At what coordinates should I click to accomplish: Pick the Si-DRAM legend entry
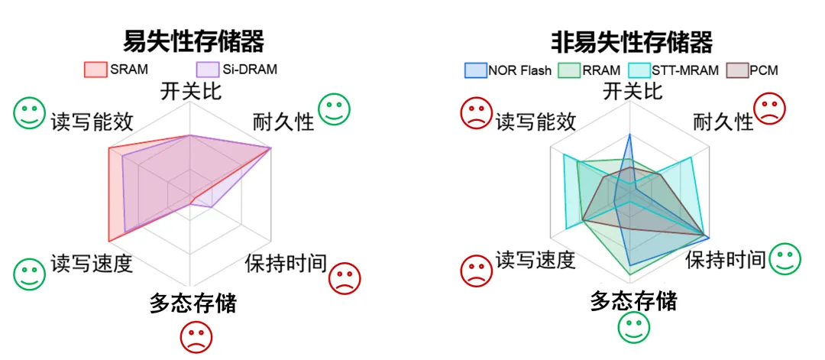tap(237, 70)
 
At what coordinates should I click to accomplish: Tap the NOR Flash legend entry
tap(509, 71)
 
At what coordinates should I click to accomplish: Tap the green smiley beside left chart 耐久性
tap(334, 109)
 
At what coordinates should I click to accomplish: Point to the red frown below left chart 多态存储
tap(196, 336)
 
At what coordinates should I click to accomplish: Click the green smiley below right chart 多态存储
tap(633, 327)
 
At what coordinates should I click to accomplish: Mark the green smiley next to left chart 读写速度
tap(29, 273)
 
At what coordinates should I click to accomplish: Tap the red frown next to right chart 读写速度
tap(476, 270)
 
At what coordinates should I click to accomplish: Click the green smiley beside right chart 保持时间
tap(785, 258)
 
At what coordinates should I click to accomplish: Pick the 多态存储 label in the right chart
tap(633, 300)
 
